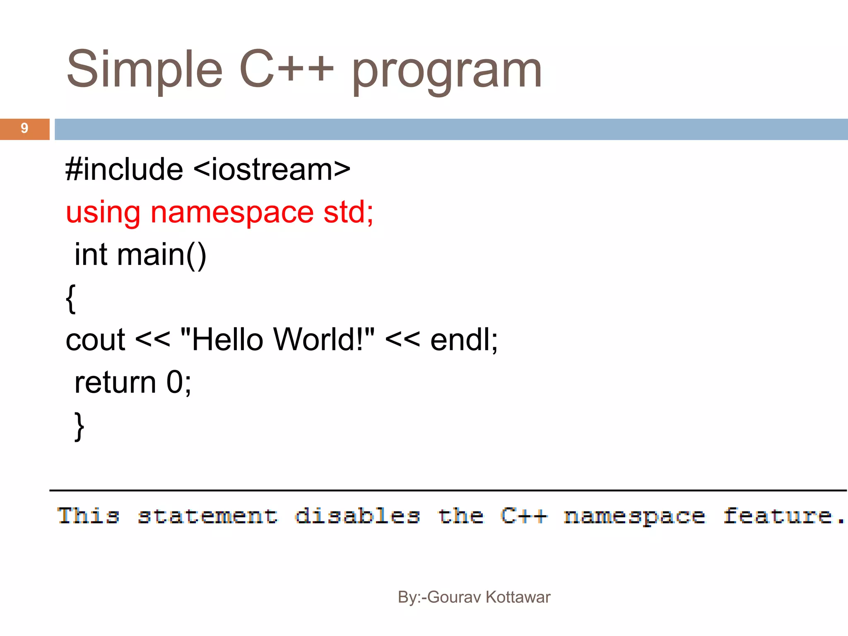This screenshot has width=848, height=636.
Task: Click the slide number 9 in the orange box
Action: tap(24, 129)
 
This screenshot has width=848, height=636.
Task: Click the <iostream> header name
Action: tap(272, 170)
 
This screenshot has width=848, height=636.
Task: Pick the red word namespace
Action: tap(232, 213)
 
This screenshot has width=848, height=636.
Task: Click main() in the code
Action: tap(161, 255)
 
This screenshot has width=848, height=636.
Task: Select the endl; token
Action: tap(464, 340)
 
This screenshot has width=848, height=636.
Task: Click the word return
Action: tap(115, 383)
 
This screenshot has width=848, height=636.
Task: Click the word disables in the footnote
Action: tap(357, 516)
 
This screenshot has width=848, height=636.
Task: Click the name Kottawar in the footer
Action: tap(518, 597)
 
